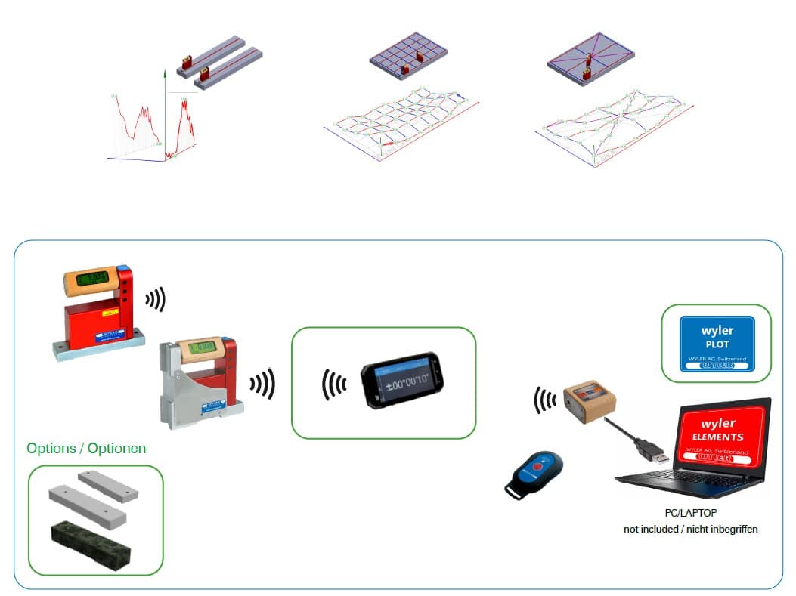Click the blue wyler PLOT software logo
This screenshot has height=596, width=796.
[717, 343]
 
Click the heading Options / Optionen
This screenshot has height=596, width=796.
[86, 449]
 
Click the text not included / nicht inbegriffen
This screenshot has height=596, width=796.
[690, 529]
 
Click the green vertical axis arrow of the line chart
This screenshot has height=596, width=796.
[163, 74]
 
